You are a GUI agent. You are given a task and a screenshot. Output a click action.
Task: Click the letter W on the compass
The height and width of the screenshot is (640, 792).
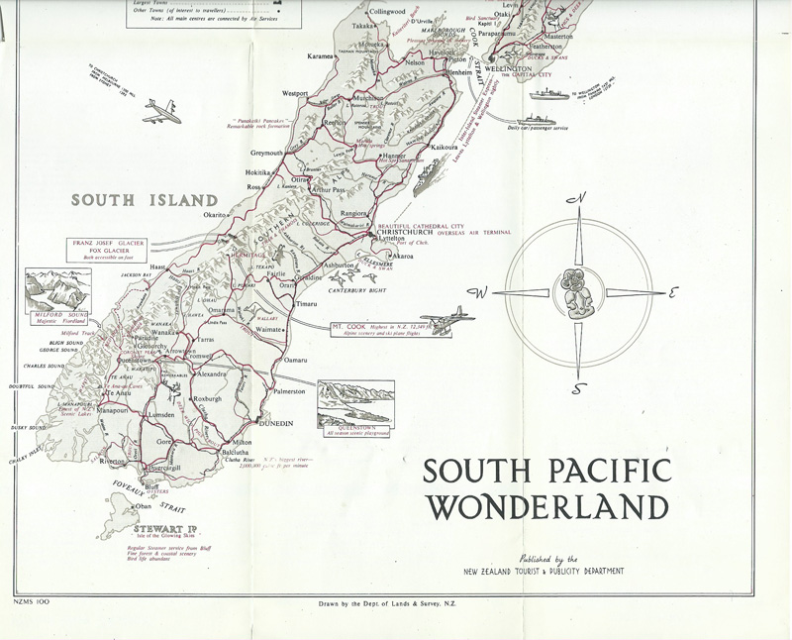[482, 293]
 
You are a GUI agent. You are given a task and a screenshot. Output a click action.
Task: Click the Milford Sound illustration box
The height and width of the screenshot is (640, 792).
[55, 293]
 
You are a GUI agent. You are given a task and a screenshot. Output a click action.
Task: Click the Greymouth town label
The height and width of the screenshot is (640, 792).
[266, 154]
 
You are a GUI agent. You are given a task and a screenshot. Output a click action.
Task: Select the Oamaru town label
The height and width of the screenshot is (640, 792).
[296, 360]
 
